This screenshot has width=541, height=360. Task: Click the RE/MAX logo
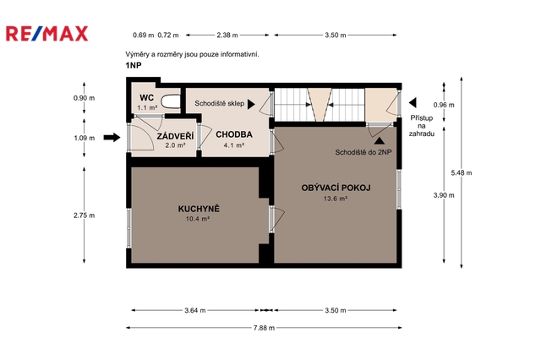(47, 34)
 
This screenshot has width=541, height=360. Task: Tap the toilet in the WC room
(171, 101)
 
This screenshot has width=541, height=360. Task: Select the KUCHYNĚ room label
(199, 209)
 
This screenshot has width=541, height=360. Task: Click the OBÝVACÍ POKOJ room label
(336, 188)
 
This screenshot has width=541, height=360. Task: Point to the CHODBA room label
(234, 134)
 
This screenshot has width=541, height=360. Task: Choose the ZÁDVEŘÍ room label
(175, 136)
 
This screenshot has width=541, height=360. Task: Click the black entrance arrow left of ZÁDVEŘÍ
(112, 138)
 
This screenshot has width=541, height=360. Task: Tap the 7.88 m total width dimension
(264, 328)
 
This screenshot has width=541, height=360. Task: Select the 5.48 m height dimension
(462, 172)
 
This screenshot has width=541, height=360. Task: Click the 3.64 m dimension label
(195, 310)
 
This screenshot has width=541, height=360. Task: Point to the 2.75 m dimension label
(84, 215)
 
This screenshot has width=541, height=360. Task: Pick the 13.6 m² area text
(336, 199)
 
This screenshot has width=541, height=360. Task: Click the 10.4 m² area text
(198, 219)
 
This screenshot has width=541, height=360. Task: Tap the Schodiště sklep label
(220, 103)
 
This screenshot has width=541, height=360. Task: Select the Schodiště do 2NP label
(363, 152)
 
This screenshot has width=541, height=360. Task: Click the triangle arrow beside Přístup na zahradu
(413, 102)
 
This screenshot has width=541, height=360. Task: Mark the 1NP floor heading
(134, 65)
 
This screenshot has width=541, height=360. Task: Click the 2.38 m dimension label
(227, 35)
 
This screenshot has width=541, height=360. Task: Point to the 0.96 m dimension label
(444, 105)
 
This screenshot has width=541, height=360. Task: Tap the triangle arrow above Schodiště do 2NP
(380, 140)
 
